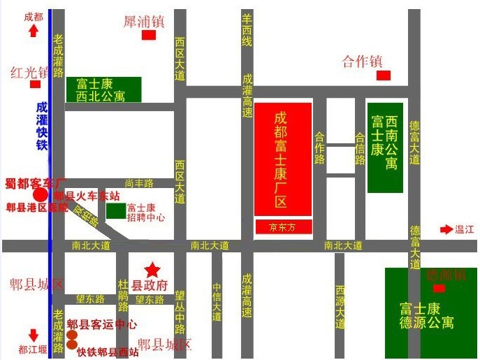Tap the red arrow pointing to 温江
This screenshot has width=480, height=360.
point(446,229)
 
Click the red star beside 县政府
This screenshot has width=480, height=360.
point(152,270)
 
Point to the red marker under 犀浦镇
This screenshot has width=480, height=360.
point(149,35)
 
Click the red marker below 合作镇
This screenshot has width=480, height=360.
point(382,75)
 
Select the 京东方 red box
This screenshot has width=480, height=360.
point(282,226)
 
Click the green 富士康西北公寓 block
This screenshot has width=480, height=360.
point(103,89)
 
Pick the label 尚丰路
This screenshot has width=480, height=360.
point(139,183)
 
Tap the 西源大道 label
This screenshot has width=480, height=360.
point(340,308)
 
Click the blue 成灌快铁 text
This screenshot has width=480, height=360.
point(42,126)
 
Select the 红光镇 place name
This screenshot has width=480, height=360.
point(29,72)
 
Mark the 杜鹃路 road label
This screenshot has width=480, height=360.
point(123,296)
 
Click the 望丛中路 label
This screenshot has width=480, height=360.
point(180,312)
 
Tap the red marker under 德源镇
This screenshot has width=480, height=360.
point(439,288)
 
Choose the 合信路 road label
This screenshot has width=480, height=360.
point(360,149)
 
